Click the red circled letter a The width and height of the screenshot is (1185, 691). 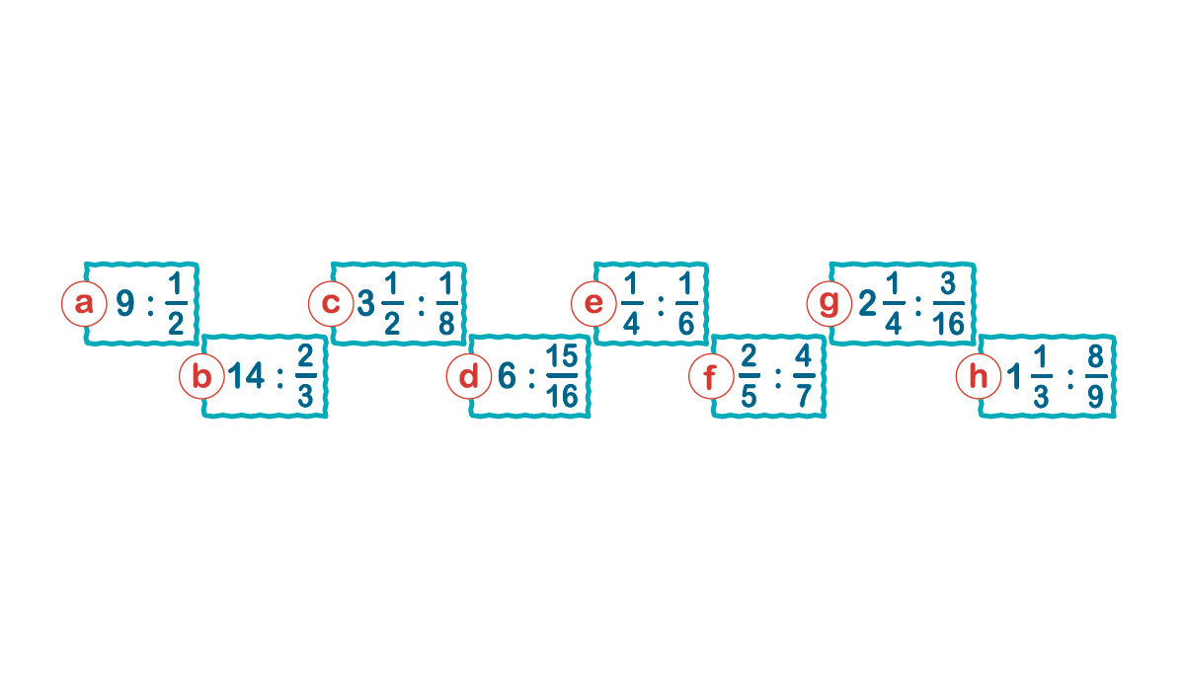pyautogui.click(x=84, y=304)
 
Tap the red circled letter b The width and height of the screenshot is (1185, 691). pyautogui.click(x=201, y=376)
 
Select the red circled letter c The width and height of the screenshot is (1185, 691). pyautogui.click(x=331, y=304)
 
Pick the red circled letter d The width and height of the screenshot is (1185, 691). pyautogui.click(x=469, y=376)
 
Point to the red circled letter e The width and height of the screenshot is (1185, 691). pyautogui.click(x=593, y=304)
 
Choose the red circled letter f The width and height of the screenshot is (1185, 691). pyautogui.click(x=711, y=376)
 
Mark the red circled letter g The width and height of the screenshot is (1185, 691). pyautogui.click(x=829, y=304)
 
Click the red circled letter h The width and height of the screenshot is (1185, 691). pyautogui.click(x=979, y=376)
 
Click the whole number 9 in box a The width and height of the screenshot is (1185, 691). pyautogui.click(x=125, y=304)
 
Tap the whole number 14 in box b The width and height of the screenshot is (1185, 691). pyautogui.click(x=246, y=376)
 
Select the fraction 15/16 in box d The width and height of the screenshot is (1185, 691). pyautogui.click(x=562, y=376)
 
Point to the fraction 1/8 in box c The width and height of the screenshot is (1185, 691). pyautogui.click(x=447, y=304)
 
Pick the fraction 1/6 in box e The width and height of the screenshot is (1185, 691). pyautogui.click(x=686, y=304)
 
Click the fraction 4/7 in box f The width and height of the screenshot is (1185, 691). pyautogui.click(x=804, y=376)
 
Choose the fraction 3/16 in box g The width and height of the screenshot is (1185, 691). pyautogui.click(x=949, y=304)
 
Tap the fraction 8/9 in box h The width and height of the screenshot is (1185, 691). pyautogui.click(x=1096, y=376)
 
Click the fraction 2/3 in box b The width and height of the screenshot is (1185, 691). pyautogui.click(x=306, y=376)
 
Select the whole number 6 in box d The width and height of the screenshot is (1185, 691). pyautogui.click(x=507, y=376)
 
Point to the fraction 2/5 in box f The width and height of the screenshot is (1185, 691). pyautogui.click(x=750, y=376)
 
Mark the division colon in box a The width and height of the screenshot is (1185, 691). pyautogui.click(x=151, y=305)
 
